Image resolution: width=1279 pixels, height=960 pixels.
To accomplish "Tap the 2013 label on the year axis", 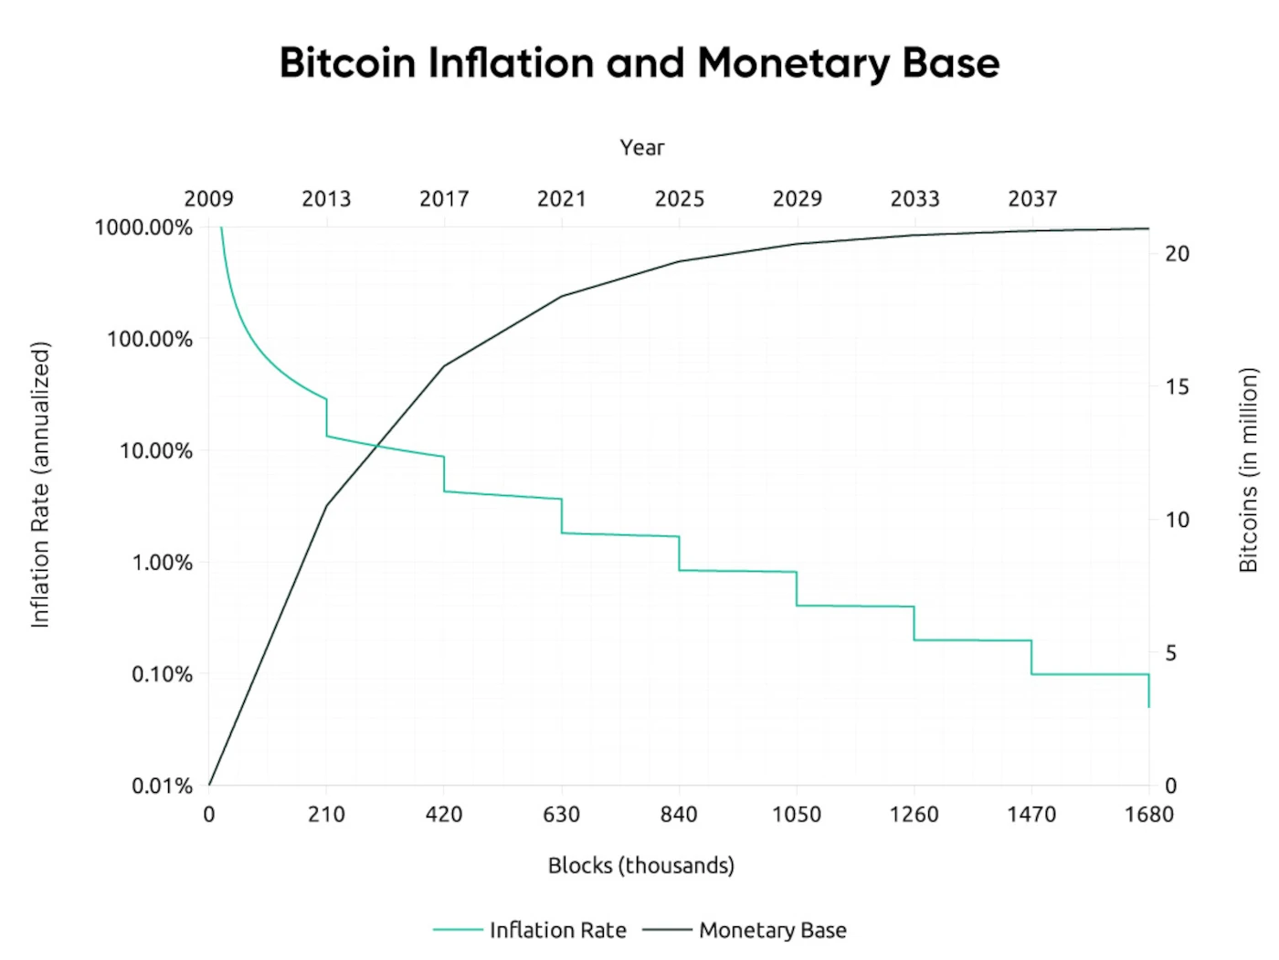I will (326, 198).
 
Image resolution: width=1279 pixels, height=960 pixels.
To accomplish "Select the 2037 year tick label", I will (1032, 198).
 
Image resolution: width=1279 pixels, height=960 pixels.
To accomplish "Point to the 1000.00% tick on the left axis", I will (143, 227).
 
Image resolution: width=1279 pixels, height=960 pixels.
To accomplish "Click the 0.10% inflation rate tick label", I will (162, 674).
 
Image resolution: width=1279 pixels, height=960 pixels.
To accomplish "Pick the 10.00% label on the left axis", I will (156, 450).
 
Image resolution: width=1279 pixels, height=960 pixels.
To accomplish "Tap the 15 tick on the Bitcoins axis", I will (1177, 386).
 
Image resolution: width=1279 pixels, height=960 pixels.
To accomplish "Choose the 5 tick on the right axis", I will (1171, 653).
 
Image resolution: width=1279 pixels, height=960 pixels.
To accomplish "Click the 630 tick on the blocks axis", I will (561, 814).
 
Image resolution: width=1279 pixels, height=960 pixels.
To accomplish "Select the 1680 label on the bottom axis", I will (1148, 814).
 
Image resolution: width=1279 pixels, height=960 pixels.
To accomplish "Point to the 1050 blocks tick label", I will (797, 814).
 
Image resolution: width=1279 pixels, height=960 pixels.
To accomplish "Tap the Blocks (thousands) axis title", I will (640, 865).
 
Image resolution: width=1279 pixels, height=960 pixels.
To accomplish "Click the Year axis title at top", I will (641, 147).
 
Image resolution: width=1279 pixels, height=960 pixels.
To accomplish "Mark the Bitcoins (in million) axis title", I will (1248, 469).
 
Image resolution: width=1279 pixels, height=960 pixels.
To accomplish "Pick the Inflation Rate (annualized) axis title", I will (40, 484).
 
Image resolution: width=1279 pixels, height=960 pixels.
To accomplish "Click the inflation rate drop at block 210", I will (326, 417).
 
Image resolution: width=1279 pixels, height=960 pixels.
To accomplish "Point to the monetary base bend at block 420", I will (444, 366).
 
